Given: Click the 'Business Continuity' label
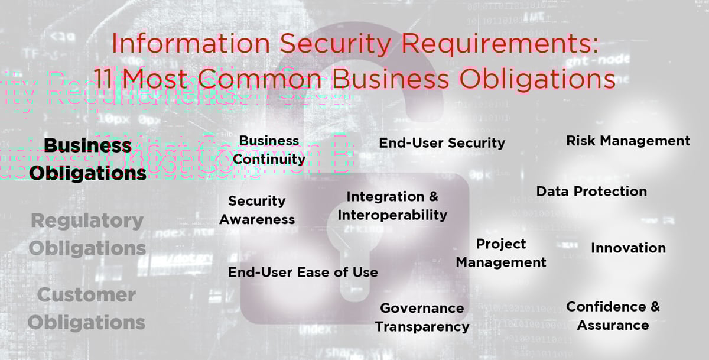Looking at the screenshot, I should coord(269,150).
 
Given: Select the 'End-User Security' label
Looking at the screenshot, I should coord(442,142).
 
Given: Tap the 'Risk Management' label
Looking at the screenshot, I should coord(627,141).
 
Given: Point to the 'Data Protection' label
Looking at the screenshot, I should coord(591,192).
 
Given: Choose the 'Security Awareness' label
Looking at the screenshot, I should coord(257,210).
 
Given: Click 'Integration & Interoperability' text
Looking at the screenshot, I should coord(392,206).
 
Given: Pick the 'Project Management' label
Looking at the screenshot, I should coord(501,253).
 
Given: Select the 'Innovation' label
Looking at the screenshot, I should coord(628,248).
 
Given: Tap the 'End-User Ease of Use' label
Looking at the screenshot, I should coord(303,273).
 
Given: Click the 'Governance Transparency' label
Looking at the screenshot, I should coord(422,317).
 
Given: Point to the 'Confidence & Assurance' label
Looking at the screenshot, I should coord(613,316).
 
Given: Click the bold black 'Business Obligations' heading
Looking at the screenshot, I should coord(88,159).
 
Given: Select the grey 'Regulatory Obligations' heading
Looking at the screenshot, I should coord(87,234).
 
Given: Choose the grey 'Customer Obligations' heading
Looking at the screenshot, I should coord(86,308).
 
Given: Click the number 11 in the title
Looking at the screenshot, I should coord(104,79).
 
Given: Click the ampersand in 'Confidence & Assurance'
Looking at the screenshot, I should coord(653,307).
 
